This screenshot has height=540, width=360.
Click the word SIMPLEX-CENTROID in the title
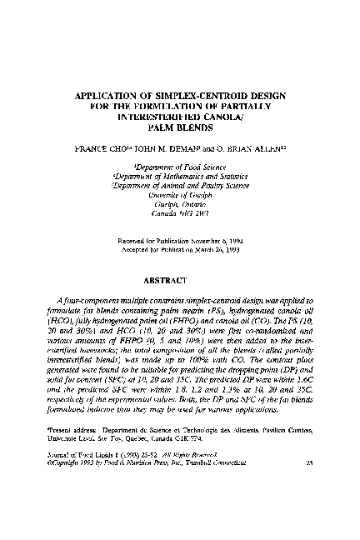[x=189, y=95]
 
